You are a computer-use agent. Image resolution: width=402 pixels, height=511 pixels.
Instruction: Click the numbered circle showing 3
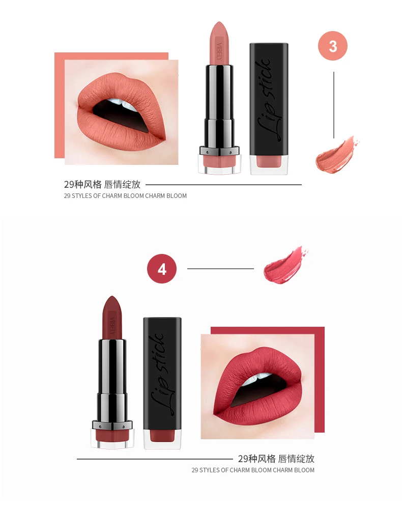333,46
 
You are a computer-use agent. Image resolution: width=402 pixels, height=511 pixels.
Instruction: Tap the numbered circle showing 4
162,269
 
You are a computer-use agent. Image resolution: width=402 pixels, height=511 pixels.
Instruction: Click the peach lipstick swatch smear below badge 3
337,154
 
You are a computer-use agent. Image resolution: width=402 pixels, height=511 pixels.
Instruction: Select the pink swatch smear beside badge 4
285,265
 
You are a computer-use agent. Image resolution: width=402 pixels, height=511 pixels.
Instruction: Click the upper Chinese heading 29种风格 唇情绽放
102,184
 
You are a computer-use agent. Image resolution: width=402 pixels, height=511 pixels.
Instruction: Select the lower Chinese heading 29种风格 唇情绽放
276,459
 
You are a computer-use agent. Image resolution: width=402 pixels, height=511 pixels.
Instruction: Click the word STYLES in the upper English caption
82,196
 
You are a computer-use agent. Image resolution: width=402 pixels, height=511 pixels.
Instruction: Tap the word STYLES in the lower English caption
210,470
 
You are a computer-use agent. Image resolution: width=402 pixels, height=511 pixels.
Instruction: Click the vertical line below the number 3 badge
334,105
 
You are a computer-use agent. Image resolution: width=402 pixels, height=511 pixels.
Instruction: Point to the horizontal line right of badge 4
220,269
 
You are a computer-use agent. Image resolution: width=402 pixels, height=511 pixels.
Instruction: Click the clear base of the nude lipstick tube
219,164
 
